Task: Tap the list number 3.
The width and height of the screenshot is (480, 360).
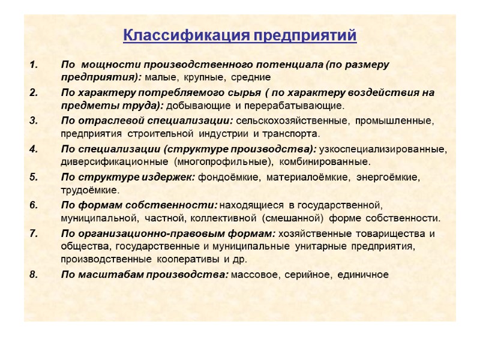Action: click(x=33, y=120)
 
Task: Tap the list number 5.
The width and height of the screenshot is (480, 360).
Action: click(x=33, y=177)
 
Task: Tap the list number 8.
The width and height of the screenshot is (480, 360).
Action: click(x=33, y=275)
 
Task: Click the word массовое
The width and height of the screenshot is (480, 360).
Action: click(x=254, y=275)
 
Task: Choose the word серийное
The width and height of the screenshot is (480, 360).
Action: click(x=307, y=275)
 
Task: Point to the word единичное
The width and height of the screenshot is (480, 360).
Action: click(x=363, y=275)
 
